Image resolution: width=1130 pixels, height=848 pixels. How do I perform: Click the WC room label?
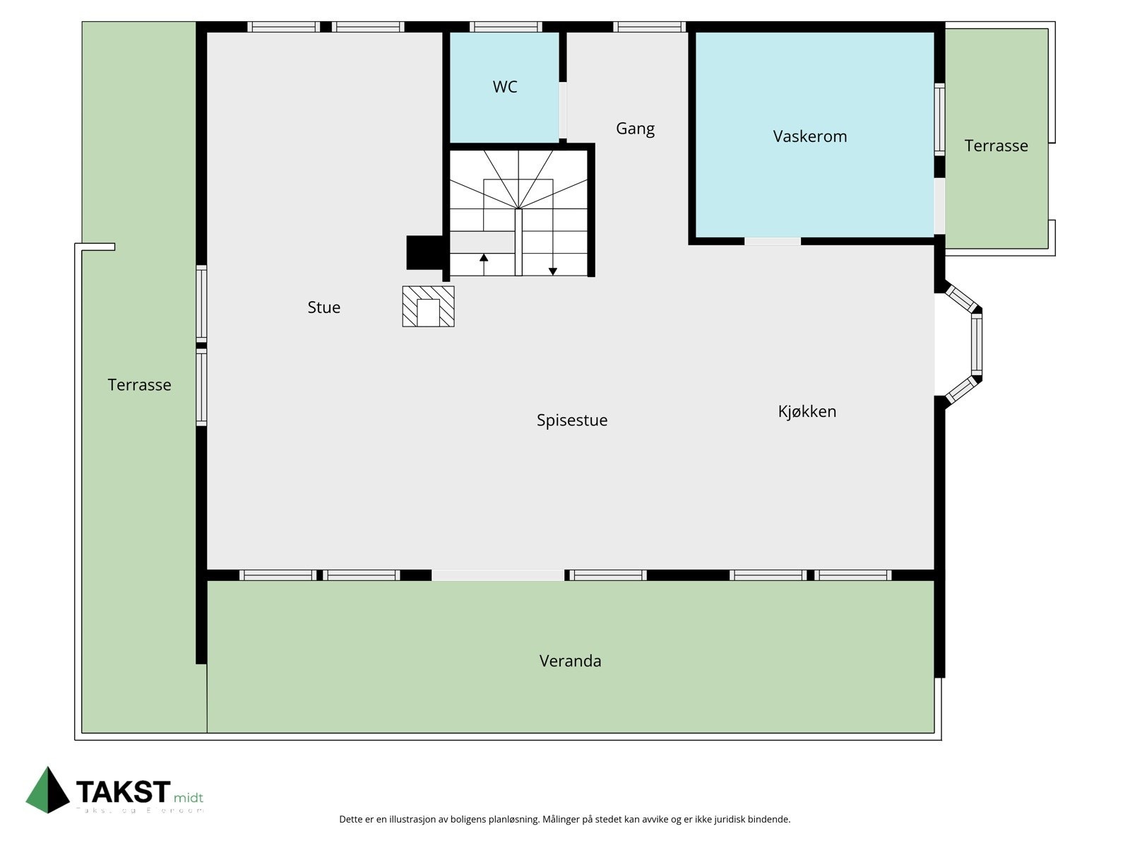tap(505, 87)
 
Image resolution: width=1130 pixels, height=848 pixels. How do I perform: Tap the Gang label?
tap(635, 129)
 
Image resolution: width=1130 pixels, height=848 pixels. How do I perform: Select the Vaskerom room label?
tap(809, 136)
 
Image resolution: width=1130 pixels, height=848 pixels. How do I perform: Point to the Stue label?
tap(323, 307)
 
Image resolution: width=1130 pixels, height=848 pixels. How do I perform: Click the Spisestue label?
tap(571, 420)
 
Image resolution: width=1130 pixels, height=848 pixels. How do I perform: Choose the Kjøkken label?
tap(807, 411)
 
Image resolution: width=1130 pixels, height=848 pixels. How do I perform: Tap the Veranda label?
tap(570, 661)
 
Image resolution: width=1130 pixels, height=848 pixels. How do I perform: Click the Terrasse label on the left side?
tap(139, 385)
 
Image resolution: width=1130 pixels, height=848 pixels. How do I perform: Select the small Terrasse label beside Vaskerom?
tap(996, 146)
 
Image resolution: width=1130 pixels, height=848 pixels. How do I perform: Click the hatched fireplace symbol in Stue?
tap(428, 307)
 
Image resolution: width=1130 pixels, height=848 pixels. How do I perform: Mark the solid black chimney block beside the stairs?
tap(424, 252)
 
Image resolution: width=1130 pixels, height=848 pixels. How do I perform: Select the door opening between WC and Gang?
tap(563, 111)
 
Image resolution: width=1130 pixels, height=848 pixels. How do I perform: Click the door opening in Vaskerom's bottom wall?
tap(772, 242)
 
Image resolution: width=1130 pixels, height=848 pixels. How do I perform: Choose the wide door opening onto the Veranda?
tap(497, 575)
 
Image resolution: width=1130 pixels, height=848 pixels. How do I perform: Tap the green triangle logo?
tap(48, 789)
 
